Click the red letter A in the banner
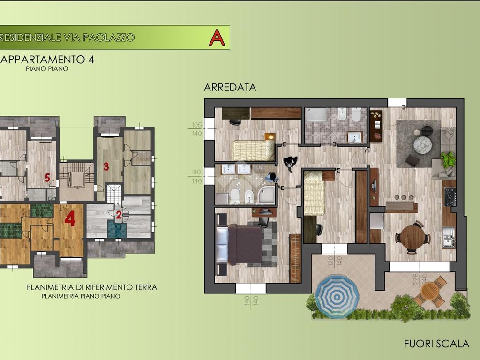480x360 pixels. click(217, 37)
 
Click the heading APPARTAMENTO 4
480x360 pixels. click(47, 59)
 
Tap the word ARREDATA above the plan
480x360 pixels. click(230, 87)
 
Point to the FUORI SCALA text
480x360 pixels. click(436, 344)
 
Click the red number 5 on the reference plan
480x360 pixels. click(47, 178)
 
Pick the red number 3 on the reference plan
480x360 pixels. click(106, 166)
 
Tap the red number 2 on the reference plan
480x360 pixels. click(119, 215)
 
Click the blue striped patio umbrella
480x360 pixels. click(337, 296)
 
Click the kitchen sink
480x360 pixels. click(449, 238)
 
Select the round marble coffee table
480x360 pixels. click(422, 144)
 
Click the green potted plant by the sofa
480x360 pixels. click(448, 159)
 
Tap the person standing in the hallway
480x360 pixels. click(290, 163)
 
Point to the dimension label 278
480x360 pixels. click(416, 280)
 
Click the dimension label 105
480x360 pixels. click(197, 125)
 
